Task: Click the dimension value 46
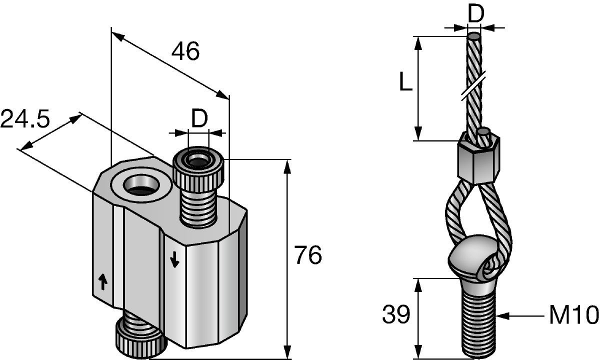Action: pos(185,51)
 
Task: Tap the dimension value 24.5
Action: pos(25,118)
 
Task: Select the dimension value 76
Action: pos(308,254)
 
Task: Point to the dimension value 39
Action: pos(396,314)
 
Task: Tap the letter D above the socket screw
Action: pos(199,118)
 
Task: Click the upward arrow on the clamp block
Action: pos(103,282)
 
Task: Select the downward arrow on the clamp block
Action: pos(174,259)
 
